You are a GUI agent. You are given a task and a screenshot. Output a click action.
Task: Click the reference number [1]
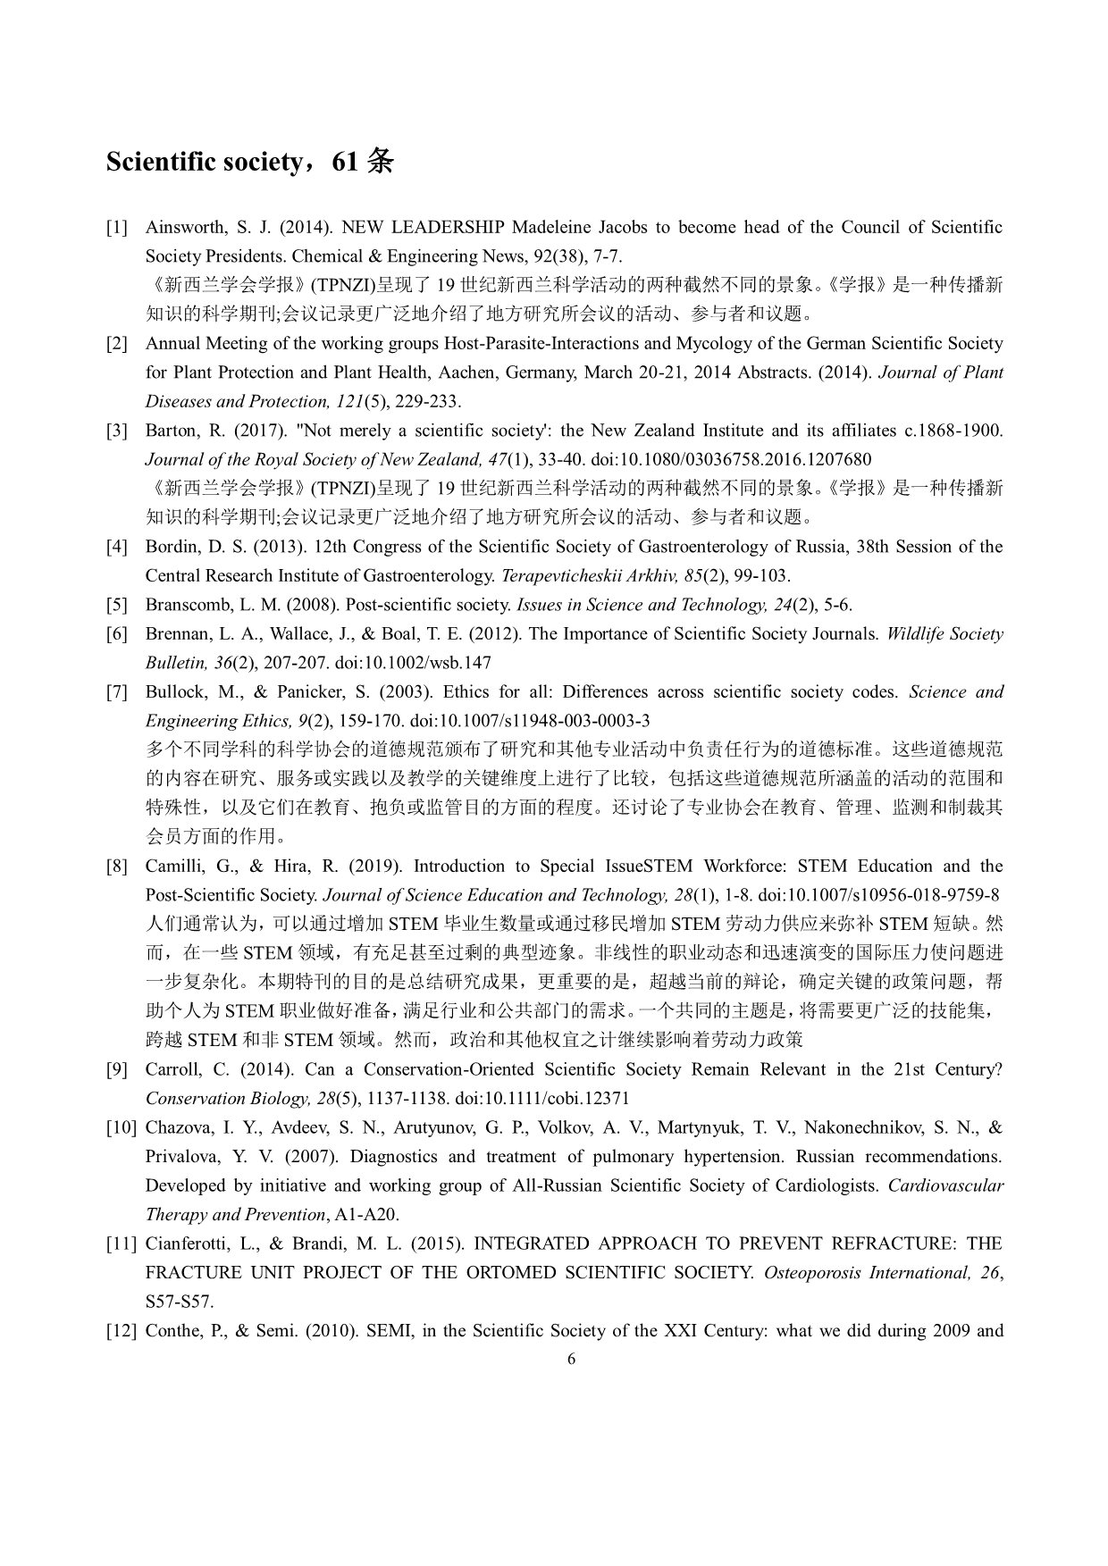(x=117, y=227)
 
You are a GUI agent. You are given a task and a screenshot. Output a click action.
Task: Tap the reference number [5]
(x=117, y=605)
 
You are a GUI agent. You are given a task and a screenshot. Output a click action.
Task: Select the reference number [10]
(x=121, y=1127)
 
